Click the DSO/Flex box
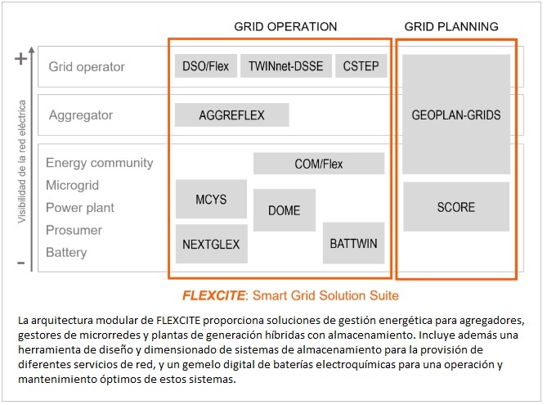click(x=205, y=66)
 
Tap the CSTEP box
click(x=361, y=66)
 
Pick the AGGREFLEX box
click(x=232, y=115)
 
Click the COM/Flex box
click(x=319, y=164)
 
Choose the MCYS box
click(x=211, y=199)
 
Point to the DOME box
click(x=285, y=210)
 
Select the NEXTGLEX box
click(x=211, y=243)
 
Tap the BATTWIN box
click(x=353, y=243)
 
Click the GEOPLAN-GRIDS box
click(x=455, y=115)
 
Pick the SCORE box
click(x=455, y=207)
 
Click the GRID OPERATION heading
click(x=285, y=27)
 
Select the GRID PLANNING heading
click(x=451, y=27)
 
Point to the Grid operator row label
click(x=87, y=67)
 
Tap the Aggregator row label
click(x=81, y=115)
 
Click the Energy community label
click(x=100, y=164)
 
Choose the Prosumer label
click(x=74, y=230)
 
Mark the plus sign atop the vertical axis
click(x=21, y=58)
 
